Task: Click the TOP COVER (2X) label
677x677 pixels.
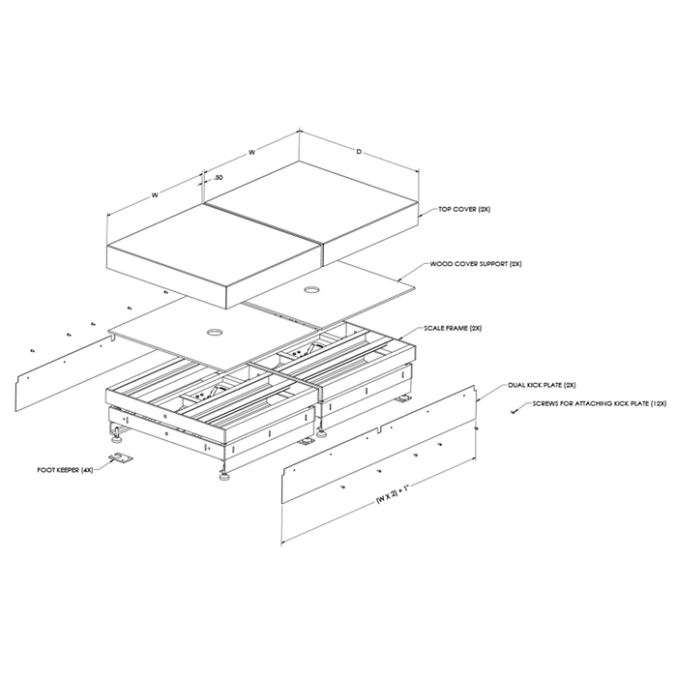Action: tap(464, 210)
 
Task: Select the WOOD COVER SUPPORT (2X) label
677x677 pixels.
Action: tap(476, 264)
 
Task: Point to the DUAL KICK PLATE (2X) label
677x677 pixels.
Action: tap(542, 385)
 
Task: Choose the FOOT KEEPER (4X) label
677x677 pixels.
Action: tap(65, 470)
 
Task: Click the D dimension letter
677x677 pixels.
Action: tap(359, 152)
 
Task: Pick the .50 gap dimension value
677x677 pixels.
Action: tap(218, 177)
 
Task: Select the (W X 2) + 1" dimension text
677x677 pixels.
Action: tap(392, 493)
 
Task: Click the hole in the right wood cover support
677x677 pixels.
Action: tap(310, 290)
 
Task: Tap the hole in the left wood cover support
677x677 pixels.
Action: tap(214, 332)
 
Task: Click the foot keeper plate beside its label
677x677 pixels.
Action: tap(120, 458)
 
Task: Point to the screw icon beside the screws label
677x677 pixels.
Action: tap(513, 412)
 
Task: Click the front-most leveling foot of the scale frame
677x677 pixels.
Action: tap(224, 477)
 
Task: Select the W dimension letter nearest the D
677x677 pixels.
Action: tap(251, 152)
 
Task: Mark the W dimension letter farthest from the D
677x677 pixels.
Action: tap(155, 195)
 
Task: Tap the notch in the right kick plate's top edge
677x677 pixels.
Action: tap(379, 429)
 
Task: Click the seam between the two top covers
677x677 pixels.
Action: tap(263, 223)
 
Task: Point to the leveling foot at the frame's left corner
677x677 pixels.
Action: tap(116, 439)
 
